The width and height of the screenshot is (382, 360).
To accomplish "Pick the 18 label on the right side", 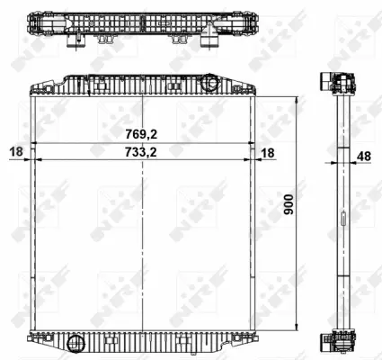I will point(268,152).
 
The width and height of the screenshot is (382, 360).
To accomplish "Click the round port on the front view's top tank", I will point(210,84).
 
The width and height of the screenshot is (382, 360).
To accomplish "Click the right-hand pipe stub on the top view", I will point(209,40).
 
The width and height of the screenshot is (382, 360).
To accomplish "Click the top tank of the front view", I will point(143,86).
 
